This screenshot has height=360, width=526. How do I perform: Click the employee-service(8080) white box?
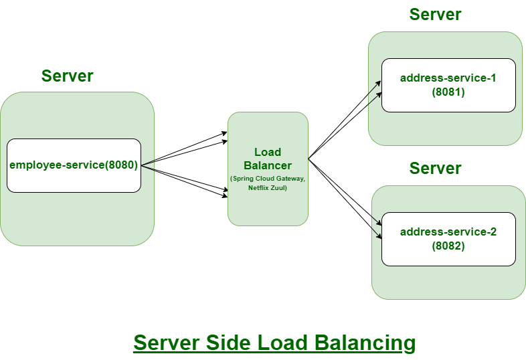tap(74, 165)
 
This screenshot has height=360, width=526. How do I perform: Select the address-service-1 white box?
tap(448, 85)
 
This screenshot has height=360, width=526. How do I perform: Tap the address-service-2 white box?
tap(448, 239)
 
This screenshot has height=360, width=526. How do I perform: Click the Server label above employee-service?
tap(67, 76)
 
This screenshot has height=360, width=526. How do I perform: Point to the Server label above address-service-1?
tap(435, 14)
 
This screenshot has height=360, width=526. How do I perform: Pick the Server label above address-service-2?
tap(435, 168)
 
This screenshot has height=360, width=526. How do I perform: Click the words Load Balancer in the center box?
tap(268, 159)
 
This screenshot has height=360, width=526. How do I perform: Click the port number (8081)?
tap(448, 92)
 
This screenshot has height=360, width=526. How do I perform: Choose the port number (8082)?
tap(448, 246)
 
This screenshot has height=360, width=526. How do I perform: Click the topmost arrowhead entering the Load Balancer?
tap(225, 133)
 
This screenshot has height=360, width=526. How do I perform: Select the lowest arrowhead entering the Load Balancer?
tap(225, 196)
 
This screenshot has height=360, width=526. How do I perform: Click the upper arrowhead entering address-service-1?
tap(379, 82)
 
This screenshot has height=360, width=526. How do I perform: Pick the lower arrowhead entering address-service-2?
tap(379, 238)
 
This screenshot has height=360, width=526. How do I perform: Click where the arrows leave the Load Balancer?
tap(309, 159)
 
